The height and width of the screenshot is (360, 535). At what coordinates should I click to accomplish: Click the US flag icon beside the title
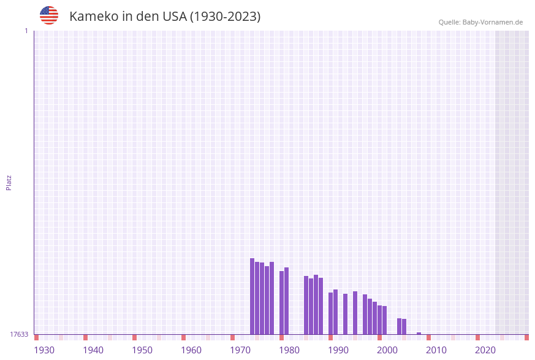pos(49,15)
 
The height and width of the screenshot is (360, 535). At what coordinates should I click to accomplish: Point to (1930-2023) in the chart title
pos(225,17)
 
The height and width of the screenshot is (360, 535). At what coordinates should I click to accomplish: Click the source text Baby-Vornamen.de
pos(492,22)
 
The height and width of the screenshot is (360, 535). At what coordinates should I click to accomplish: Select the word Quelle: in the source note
pos(449,22)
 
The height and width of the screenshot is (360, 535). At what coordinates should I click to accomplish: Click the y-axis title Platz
pos(9,182)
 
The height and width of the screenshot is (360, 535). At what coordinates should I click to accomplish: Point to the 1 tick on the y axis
pos(26,31)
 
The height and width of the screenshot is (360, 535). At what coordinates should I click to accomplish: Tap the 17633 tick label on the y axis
pos(19,334)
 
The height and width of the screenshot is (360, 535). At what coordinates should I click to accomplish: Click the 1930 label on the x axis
pos(44,350)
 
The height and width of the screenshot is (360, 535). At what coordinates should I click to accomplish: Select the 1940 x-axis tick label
pos(93,350)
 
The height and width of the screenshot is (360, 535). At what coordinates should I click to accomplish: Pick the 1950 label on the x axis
pos(142,350)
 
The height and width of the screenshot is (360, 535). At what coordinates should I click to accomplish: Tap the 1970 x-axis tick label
pos(240,350)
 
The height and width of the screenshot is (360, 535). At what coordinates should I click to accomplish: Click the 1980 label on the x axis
pos(289,350)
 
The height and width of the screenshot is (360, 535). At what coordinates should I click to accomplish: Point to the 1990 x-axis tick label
pos(338,350)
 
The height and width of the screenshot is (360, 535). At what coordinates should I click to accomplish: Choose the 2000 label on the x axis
pos(387,350)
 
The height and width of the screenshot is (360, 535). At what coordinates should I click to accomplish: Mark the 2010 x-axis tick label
pos(436,350)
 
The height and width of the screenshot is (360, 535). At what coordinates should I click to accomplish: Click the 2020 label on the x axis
pos(485,350)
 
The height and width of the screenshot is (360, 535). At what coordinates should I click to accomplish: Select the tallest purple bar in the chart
pos(252,296)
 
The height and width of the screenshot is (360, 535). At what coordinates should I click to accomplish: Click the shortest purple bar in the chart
pos(419,333)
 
